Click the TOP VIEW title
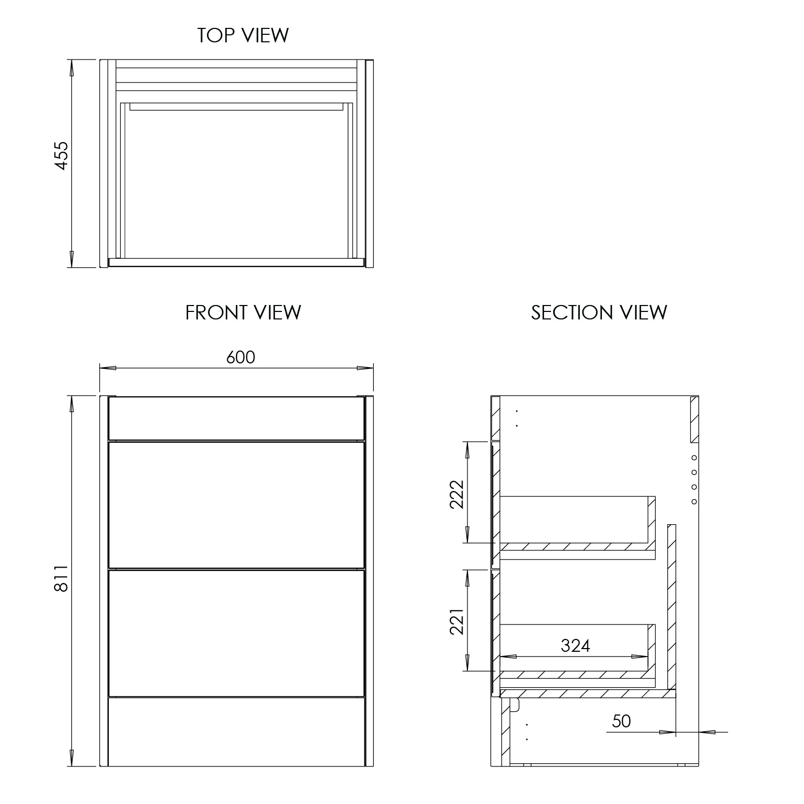pos(243,35)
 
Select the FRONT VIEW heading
pos(243,312)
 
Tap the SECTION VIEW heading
pos(599,312)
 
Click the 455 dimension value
pos(62,156)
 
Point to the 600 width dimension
pos(241,357)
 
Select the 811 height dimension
pos(62,578)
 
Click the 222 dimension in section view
pos(456,494)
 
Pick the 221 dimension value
pos(456,621)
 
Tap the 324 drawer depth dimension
pos(575,646)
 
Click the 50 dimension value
pos(621,721)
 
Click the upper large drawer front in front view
pos(236,504)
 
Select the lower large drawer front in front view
pos(236,633)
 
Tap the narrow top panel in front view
pos(236,418)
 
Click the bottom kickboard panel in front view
pos(236,732)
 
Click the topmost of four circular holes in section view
pos(694,458)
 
